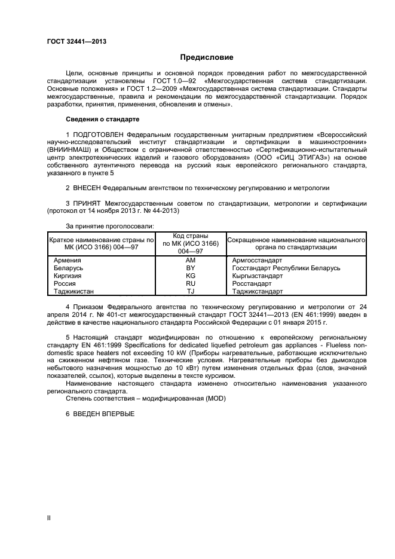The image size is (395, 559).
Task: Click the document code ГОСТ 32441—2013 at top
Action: pos(72,41)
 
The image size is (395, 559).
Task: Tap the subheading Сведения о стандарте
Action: pos(102,120)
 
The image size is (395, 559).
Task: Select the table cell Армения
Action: pos(67,261)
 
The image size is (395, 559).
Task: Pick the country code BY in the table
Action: pos(191,268)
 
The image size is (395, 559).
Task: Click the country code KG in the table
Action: pos(191,276)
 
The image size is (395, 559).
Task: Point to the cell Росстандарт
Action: pos(252,284)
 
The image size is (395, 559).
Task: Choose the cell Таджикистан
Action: pos(74,292)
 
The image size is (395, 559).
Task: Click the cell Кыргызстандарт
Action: pos(258,276)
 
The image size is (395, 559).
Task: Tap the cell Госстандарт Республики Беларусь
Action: pos(286,268)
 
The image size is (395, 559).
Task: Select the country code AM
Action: pos(191,261)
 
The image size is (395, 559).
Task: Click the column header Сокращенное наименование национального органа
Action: pos(296,243)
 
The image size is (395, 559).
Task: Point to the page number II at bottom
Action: pos(49,518)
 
